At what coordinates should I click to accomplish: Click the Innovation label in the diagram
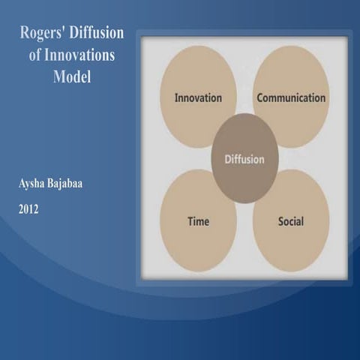(x=198, y=98)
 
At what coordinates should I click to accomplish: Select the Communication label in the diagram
(x=291, y=97)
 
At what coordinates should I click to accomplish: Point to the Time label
(x=198, y=222)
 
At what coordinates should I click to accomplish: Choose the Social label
(x=291, y=222)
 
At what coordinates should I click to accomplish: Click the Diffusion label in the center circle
(x=245, y=159)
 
